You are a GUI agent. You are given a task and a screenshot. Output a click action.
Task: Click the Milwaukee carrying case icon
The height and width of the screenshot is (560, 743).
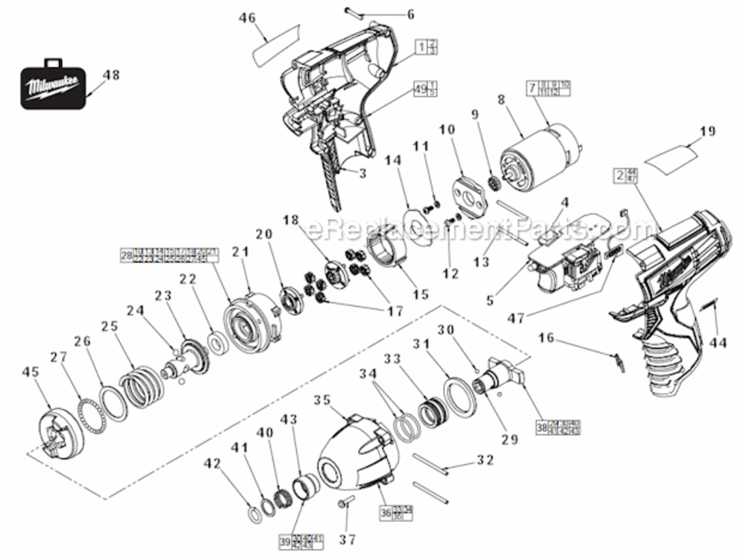pyautogui.click(x=52, y=84)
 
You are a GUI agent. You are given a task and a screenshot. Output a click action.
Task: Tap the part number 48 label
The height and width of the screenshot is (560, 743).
pyautogui.click(x=110, y=75)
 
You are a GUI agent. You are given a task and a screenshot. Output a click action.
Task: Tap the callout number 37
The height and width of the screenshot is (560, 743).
pyautogui.click(x=347, y=539)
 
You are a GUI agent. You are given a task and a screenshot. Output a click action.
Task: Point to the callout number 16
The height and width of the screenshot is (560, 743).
pyautogui.click(x=546, y=337)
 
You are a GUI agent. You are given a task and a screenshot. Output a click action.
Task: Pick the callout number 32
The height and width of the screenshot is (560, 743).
pyautogui.click(x=485, y=461)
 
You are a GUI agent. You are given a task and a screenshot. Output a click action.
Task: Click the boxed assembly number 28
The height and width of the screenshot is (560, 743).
pyautogui.click(x=126, y=255)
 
